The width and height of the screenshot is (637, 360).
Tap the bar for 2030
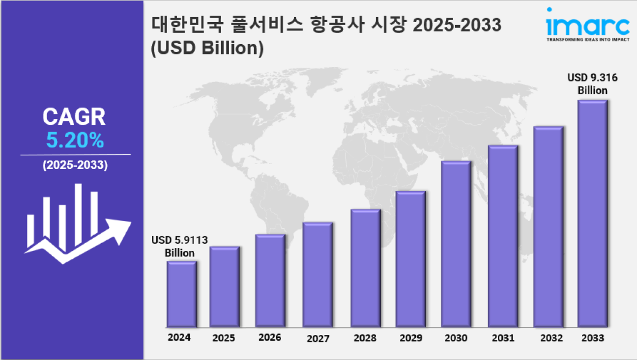[x=456, y=244]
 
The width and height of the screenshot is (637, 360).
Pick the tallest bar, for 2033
[x=592, y=213]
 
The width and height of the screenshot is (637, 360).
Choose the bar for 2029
[x=410, y=259]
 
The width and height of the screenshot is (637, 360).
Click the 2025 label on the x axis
[x=224, y=338]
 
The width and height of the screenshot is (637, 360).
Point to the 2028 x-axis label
[x=365, y=338]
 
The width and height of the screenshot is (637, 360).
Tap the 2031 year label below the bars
[x=502, y=338]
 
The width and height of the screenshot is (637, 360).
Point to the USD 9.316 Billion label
[x=592, y=84]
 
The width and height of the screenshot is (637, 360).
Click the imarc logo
[x=588, y=25]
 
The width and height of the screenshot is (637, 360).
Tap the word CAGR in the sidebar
[x=74, y=117]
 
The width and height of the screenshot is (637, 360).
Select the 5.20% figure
[x=75, y=141]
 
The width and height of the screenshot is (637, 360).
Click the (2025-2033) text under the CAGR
[x=75, y=166]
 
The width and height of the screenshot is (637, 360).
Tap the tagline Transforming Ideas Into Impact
[x=588, y=40]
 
